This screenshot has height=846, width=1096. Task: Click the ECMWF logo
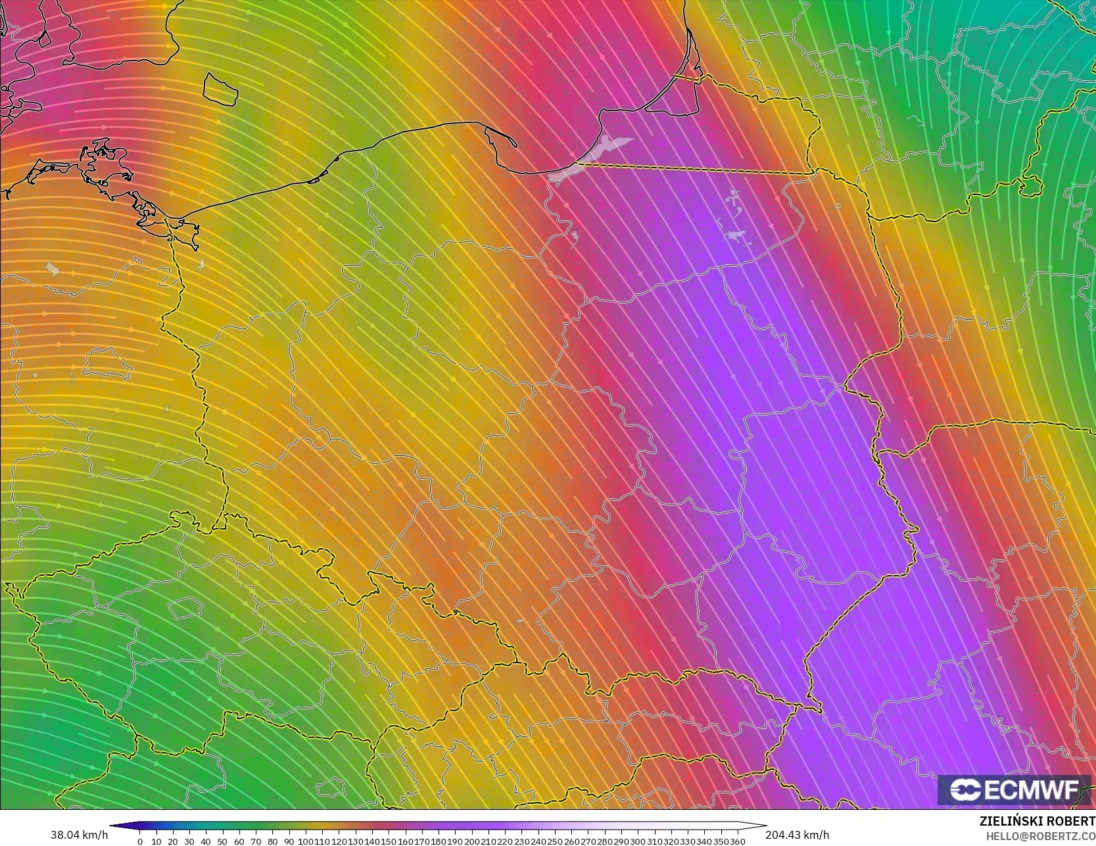[x=1014, y=789]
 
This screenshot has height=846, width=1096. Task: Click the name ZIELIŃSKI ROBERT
[x=1037, y=821]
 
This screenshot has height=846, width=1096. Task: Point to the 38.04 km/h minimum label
[x=79, y=834]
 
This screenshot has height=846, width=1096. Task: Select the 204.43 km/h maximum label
[x=797, y=834]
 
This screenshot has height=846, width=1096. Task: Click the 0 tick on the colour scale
[x=140, y=841]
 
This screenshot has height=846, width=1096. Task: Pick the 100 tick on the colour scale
[x=305, y=841]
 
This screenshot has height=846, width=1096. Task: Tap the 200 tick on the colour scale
[x=472, y=841]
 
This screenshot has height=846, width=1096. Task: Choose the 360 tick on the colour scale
[x=738, y=841]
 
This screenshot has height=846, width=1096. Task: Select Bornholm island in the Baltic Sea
[x=220, y=89]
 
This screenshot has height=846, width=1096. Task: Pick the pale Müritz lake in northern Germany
[x=52, y=268]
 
